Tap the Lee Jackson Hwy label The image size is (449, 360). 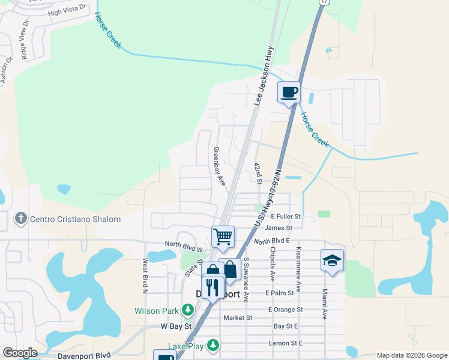coord(265,76)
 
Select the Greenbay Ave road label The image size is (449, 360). coord(219,166)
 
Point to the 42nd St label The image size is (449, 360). coord(258,173)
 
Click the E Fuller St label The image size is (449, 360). coord(286,216)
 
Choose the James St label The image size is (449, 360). coord(278,228)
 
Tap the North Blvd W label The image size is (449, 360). coord(185,244)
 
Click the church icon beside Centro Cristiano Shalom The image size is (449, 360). coord(20,219)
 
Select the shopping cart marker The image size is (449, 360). coord(223,236)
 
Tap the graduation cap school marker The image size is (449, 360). coord(332,260)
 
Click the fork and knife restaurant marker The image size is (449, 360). coord(212,286)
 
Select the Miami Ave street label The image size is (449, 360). coord(324,303)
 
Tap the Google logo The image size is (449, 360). coord(20,353)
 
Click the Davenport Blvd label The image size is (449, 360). coord(85,355)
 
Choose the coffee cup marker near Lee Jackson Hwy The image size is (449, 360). coord(289,92)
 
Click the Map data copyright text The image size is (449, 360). coord(411,355)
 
